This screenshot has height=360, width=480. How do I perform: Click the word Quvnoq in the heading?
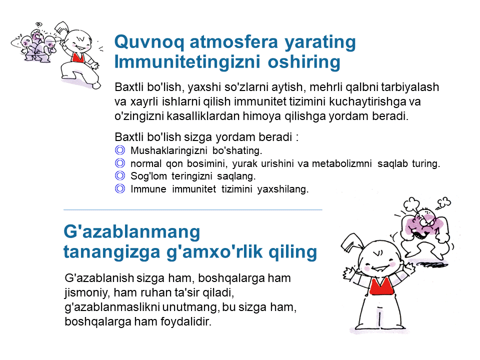149,42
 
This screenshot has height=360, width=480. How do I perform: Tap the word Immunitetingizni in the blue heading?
187,62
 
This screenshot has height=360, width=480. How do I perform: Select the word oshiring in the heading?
304,62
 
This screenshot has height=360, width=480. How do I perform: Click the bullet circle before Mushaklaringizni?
120,150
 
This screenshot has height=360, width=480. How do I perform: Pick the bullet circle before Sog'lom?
120,175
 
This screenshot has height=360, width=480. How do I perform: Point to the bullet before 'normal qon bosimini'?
120,163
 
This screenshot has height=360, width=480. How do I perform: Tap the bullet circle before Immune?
120,188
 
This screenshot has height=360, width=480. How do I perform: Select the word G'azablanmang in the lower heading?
132,231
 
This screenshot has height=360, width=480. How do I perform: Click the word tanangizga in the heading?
111,252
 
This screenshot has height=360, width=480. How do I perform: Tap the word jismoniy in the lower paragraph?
87,293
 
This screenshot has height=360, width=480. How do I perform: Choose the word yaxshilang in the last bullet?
283,189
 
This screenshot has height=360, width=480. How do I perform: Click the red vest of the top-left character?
78,58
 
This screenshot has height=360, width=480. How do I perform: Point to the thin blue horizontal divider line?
193,209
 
